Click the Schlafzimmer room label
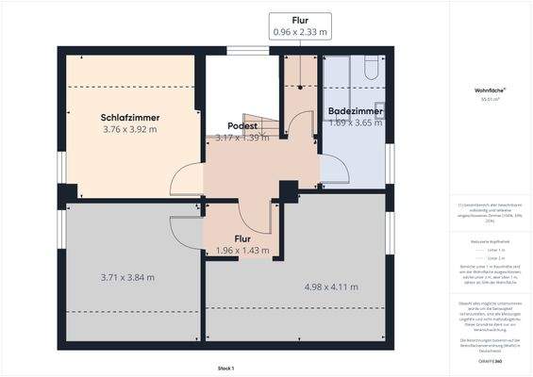tap(129, 118)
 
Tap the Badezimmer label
tap(354, 112)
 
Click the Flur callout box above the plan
tap(300, 25)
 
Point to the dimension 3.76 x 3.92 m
tap(129, 129)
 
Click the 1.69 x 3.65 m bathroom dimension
tap(354, 123)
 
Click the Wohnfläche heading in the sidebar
tap(490, 90)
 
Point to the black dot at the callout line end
tap(299, 87)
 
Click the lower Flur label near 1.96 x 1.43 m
tap(242, 239)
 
